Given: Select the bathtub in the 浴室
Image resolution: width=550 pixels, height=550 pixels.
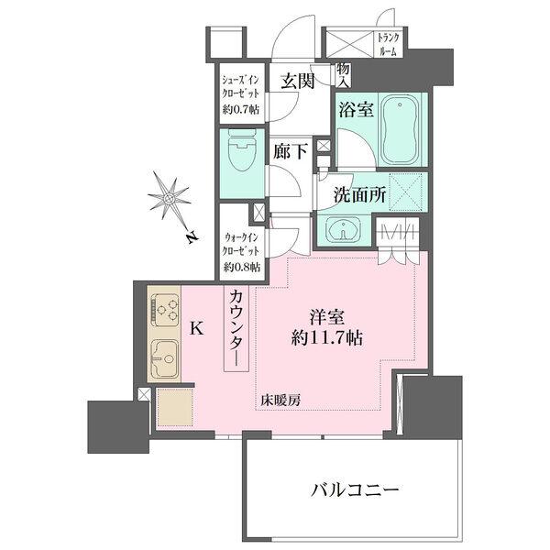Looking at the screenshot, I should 397,128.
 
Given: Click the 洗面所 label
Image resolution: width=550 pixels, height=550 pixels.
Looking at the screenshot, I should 352,194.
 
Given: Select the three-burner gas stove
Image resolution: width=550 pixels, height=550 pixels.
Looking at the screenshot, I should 165,309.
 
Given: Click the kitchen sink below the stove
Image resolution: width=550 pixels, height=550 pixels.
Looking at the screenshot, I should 165,355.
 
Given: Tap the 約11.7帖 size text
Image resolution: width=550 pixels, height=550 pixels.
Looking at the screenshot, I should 326,337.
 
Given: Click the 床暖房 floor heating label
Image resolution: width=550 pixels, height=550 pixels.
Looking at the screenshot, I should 280,401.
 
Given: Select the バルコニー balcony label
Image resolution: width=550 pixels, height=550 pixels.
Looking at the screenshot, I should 354,490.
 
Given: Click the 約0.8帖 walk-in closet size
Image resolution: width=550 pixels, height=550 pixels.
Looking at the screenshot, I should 241,268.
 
